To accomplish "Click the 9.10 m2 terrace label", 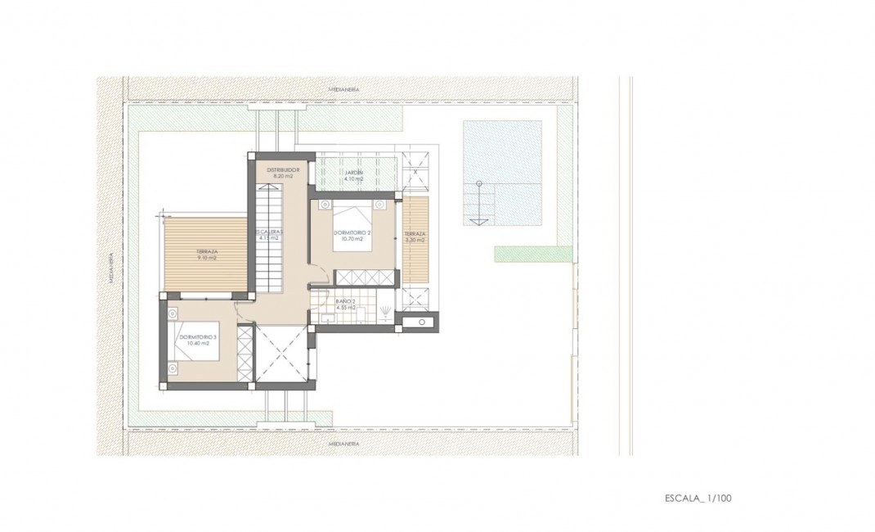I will pyautogui.click(x=205, y=255).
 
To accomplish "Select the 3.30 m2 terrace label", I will pyautogui.click(x=415, y=237).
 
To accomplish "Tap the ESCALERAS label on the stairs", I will pyautogui.click(x=269, y=235).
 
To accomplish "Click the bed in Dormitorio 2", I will pyautogui.click(x=352, y=217).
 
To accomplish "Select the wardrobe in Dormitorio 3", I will pyautogui.click(x=245, y=352).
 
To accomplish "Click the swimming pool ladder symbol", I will pyautogui.click(x=478, y=205).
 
